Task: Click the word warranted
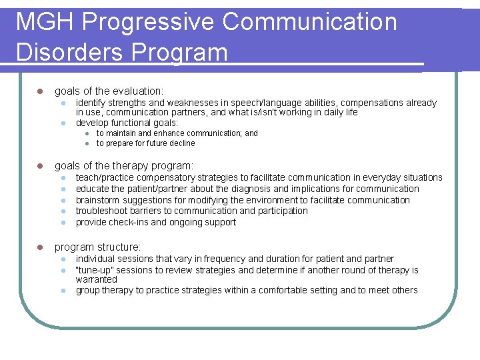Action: point(97,279)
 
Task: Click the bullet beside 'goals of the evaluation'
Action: point(39,91)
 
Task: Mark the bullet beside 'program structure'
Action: point(39,247)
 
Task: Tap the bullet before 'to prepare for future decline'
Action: point(86,143)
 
